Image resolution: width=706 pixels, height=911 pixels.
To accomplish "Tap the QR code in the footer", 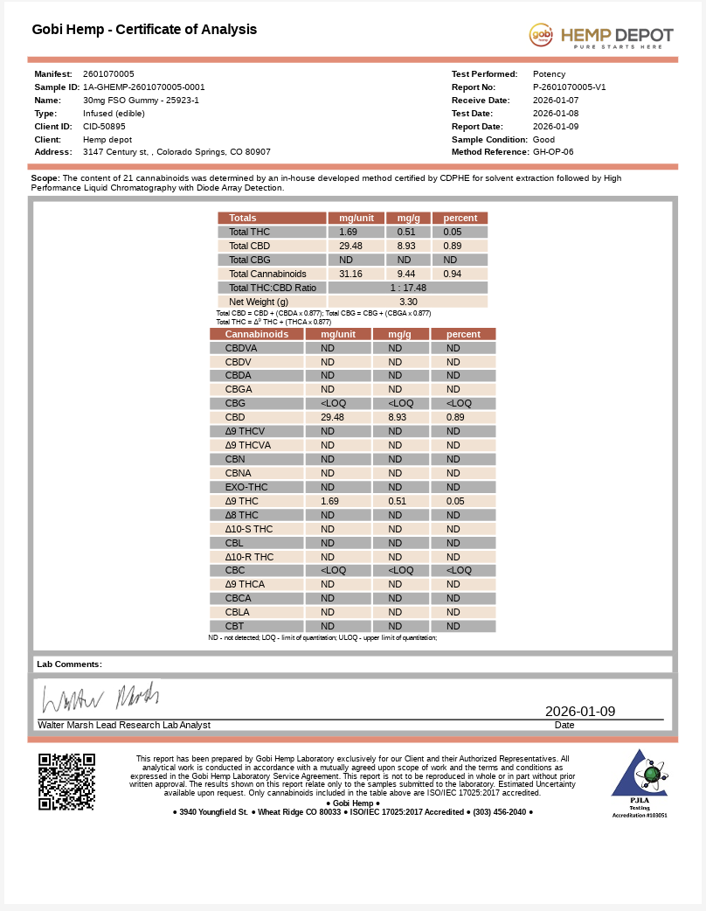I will [x=66, y=781].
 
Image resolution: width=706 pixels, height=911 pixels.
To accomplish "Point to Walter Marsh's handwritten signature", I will [x=100, y=697].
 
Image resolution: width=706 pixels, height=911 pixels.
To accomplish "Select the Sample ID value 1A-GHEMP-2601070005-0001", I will [x=144, y=87].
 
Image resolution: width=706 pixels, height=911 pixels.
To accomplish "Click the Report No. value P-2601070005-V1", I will [x=569, y=87].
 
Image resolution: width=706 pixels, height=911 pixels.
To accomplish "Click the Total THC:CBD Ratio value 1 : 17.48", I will [x=407, y=288].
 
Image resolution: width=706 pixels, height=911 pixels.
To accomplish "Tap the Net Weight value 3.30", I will [x=408, y=302].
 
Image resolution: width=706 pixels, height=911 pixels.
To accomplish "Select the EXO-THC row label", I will [x=246, y=487].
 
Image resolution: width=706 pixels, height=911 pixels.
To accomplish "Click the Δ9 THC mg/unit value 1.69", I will [x=329, y=501].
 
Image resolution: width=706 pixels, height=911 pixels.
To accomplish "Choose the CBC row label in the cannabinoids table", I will [x=235, y=570].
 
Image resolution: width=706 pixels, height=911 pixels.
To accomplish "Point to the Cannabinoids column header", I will [x=257, y=334].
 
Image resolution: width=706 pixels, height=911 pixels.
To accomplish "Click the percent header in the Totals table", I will [x=460, y=218].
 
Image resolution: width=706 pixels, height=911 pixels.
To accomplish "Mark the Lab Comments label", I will [x=69, y=664].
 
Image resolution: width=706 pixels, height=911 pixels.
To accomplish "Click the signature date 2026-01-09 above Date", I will [x=580, y=712].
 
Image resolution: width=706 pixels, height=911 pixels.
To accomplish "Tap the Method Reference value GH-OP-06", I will [x=553, y=152].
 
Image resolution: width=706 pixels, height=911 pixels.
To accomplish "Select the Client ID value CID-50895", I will [x=104, y=127].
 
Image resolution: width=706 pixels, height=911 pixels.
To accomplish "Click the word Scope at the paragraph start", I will [x=45, y=178].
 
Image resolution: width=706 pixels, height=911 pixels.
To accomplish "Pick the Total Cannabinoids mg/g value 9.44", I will [x=406, y=274].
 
